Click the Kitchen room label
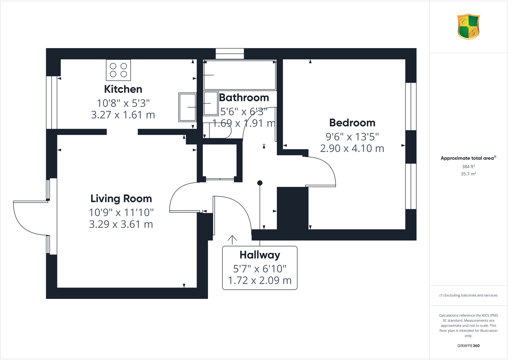(x=123, y=89)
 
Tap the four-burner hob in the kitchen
(x=118, y=70)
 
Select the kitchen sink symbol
(x=187, y=107)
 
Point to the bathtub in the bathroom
(x=240, y=75)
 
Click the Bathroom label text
(x=244, y=97)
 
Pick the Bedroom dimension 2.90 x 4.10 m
(x=352, y=149)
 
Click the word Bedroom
(x=352, y=123)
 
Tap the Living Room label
(x=121, y=198)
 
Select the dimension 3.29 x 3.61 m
(x=121, y=224)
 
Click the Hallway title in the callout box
(x=260, y=255)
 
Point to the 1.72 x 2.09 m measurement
(x=260, y=280)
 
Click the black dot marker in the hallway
(x=260, y=183)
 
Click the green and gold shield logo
(x=468, y=27)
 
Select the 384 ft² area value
(x=468, y=166)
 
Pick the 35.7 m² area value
(x=468, y=174)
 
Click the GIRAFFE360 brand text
(x=468, y=346)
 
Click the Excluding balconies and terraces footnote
(x=468, y=295)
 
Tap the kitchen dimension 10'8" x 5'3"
(x=123, y=103)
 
